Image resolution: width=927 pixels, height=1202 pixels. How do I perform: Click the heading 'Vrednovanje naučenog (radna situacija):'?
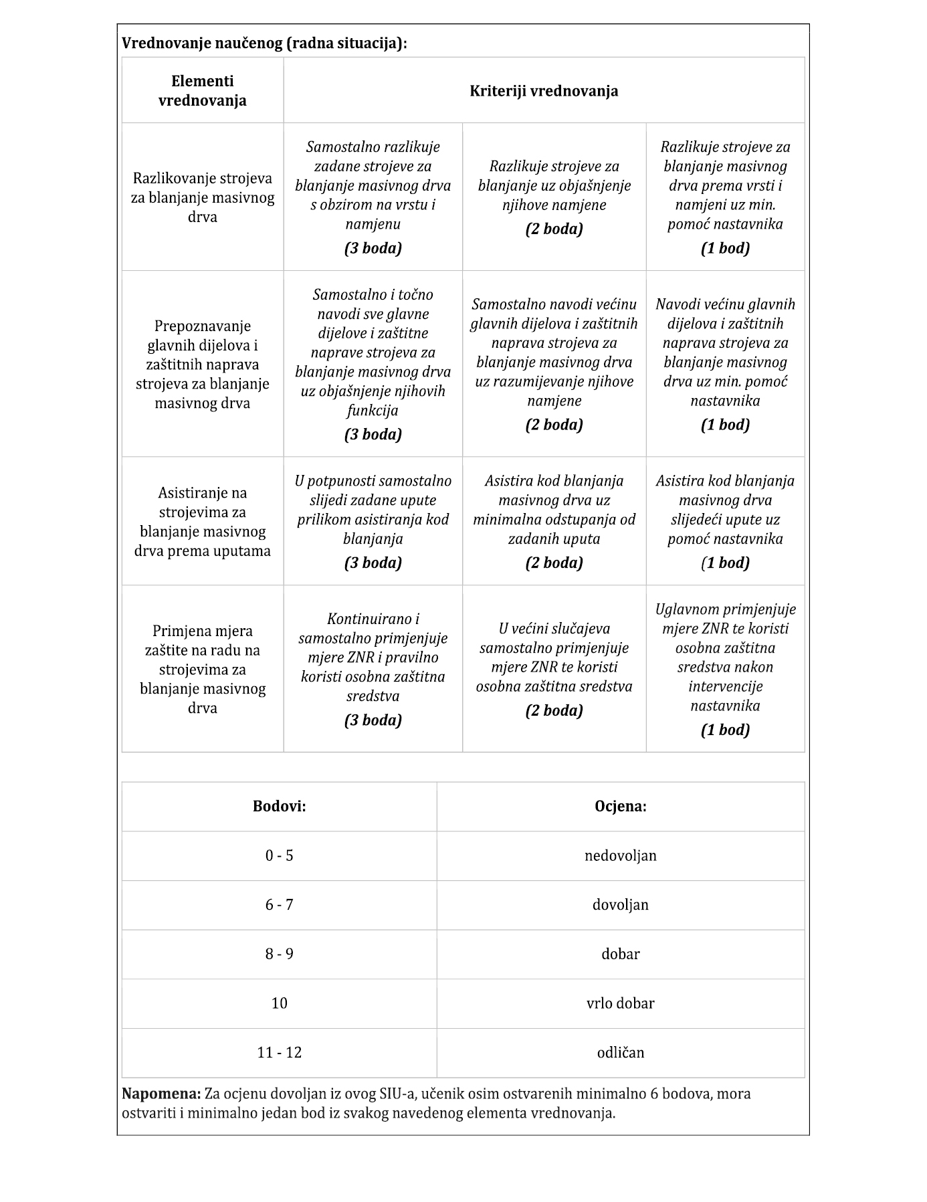pyautogui.click(x=264, y=43)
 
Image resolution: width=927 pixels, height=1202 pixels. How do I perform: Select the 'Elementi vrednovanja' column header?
pyautogui.click(x=202, y=91)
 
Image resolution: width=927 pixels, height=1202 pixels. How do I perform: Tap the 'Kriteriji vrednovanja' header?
pyautogui.click(x=544, y=91)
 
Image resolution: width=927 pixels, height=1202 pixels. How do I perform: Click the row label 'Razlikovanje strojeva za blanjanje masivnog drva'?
pyautogui.click(x=202, y=198)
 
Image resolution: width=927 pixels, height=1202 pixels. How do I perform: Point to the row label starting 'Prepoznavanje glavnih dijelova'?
pyautogui.click(x=202, y=365)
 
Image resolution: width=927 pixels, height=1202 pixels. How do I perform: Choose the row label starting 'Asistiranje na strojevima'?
pyautogui.click(x=202, y=522)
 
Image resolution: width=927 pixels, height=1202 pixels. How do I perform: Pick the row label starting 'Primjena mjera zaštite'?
pyautogui.click(x=202, y=669)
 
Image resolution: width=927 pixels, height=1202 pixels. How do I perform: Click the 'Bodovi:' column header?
pyautogui.click(x=279, y=806)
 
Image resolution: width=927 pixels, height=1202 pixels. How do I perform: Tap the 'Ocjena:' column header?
pyautogui.click(x=621, y=806)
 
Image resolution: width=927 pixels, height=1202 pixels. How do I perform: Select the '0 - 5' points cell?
pyautogui.click(x=279, y=856)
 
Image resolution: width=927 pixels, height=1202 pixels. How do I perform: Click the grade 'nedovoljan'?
pyautogui.click(x=621, y=856)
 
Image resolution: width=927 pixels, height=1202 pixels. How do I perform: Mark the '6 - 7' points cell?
pyautogui.click(x=279, y=905)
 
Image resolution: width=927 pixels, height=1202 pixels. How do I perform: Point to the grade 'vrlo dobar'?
pyautogui.click(x=621, y=1003)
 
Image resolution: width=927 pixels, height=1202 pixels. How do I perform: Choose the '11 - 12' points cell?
pyautogui.click(x=279, y=1053)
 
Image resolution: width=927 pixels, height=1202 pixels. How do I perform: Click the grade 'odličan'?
pyautogui.click(x=621, y=1053)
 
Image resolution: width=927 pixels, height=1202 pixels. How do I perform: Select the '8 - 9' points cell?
pyautogui.click(x=279, y=954)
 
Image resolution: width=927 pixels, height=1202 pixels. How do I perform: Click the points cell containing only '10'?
pyautogui.click(x=279, y=1003)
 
